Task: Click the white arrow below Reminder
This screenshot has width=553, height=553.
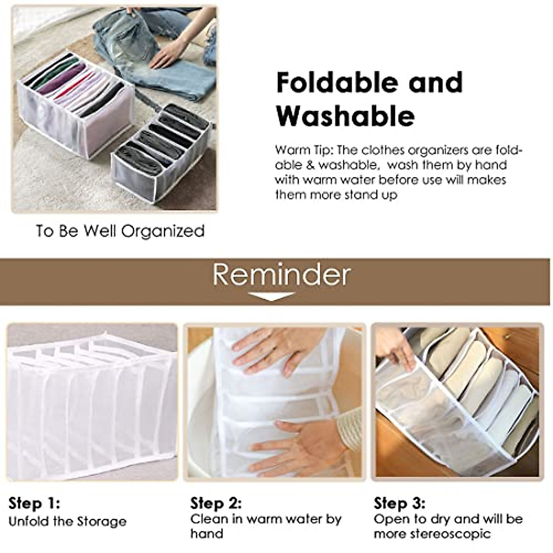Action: click(271, 296)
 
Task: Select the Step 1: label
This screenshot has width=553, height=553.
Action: click(34, 503)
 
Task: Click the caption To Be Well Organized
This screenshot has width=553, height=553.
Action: click(120, 231)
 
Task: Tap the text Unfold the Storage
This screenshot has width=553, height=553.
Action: click(68, 522)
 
